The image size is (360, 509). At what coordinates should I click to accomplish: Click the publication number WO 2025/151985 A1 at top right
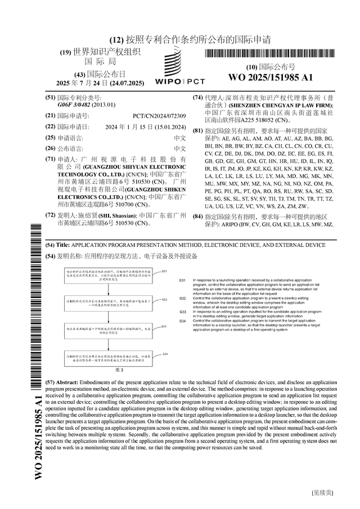tap(270, 78)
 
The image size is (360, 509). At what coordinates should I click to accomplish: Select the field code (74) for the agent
tap(197, 98)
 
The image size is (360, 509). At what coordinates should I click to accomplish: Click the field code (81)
tap(197, 130)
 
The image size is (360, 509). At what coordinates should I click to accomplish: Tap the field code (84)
tap(197, 217)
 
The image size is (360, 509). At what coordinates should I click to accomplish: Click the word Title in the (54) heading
tap(63, 245)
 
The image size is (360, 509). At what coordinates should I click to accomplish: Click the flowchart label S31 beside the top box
tap(164, 271)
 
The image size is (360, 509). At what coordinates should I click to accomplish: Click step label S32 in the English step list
tap(183, 298)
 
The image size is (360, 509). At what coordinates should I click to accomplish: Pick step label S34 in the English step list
tap(183, 321)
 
